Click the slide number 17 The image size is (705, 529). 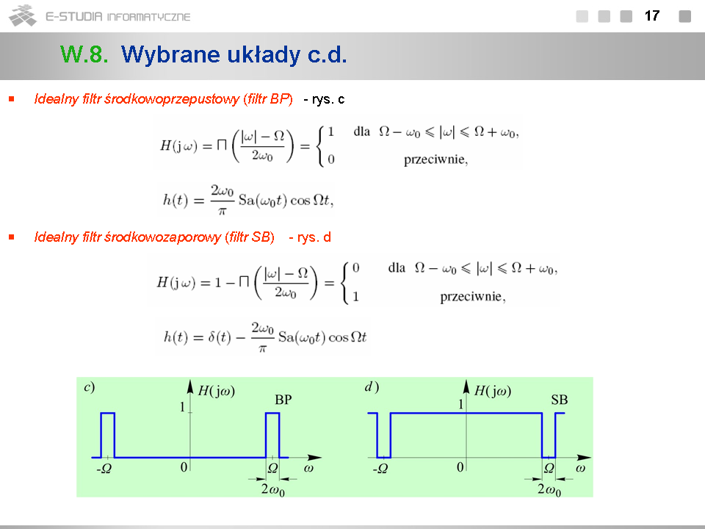click(652, 16)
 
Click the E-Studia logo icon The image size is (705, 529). click(23, 15)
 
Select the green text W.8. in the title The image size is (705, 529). click(84, 54)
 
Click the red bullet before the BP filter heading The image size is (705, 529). click(12, 99)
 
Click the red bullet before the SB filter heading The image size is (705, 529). click(12, 237)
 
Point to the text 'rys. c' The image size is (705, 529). click(328, 99)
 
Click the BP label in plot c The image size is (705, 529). click(283, 400)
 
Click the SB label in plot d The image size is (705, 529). click(560, 400)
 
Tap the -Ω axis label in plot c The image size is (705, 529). click(104, 469)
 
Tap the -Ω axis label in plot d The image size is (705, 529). click(380, 469)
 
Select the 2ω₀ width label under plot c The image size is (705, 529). click(273, 490)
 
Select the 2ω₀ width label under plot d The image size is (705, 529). click(549, 490)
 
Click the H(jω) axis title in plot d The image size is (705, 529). click(493, 391)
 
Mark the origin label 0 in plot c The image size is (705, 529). click(184, 467)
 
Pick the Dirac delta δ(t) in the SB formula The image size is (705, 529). click(220, 337)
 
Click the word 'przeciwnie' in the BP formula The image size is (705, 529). click(435, 159)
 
